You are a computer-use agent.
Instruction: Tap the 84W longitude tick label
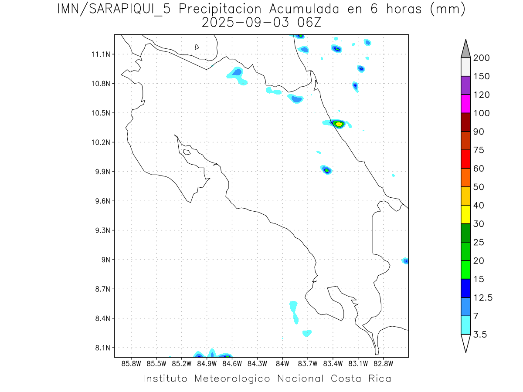[x=282, y=363]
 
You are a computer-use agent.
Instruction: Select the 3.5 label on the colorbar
[x=481, y=335]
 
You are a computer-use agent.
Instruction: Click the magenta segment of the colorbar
[x=465, y=104]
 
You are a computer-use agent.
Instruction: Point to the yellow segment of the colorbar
[x=465, y=214]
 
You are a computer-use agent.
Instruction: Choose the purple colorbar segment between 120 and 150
[x=465, y=85]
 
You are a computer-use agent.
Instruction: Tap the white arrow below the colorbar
[x=465, y=343]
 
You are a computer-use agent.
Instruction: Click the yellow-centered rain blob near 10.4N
[x=339, y=124]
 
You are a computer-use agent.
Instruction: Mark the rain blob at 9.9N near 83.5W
[x=327, y=170]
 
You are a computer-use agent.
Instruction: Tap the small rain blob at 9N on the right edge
[x=406, y=261]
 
